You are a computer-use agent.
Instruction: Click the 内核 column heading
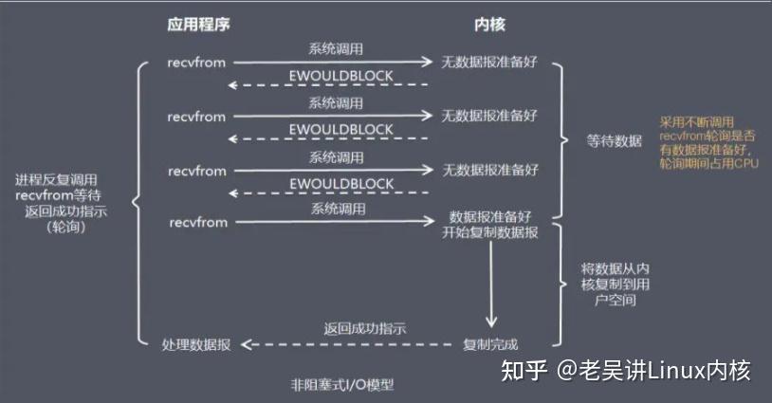click(489, 23)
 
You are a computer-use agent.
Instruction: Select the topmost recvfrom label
click(197, 64)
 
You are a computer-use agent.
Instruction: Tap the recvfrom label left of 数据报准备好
click(197, 223)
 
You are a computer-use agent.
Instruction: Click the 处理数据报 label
click(195, 343)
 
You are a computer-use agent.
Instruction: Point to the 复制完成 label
click(490, 343)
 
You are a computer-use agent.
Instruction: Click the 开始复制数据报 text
click(490, 233)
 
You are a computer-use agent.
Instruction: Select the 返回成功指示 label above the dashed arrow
click(364, 329)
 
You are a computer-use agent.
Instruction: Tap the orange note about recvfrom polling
click(709, 144)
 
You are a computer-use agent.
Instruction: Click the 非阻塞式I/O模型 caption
click(341, 385)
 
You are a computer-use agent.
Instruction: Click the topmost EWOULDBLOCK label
click(341, 77)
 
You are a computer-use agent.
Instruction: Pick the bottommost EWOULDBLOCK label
click(341, 183)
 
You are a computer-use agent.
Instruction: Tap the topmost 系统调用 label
click(335, 48)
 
